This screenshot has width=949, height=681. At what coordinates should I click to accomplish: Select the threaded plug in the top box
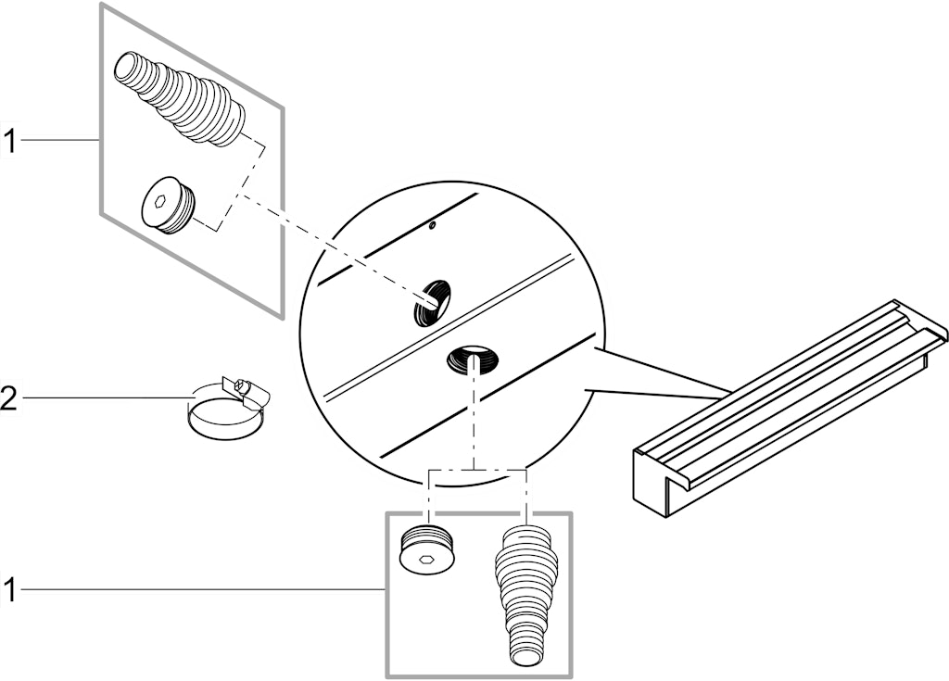[168, 206]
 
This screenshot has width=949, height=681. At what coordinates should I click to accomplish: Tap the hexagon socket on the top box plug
[159, 202]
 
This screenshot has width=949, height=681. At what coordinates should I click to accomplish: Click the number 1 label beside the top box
[10, 141]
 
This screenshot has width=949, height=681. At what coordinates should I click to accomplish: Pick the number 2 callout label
[9, 399]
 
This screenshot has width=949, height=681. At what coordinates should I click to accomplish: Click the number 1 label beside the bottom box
[9, 589]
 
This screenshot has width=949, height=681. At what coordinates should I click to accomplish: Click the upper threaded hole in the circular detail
[432, 302]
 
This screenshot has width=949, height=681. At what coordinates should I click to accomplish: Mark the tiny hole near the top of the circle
[432, 226]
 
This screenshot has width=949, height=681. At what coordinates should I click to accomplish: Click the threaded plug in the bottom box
[429, 548]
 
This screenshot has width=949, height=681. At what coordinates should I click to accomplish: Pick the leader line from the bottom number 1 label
[203, 588]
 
